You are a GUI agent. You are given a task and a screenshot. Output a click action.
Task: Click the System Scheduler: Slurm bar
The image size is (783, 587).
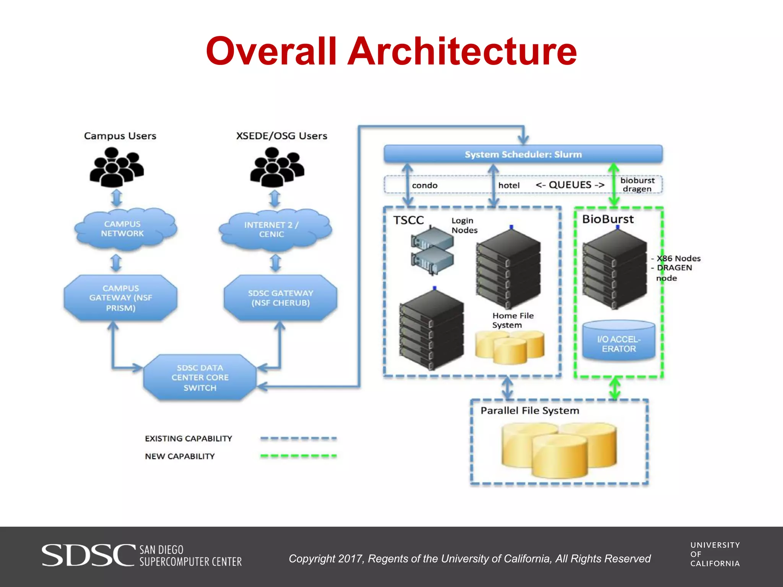click(x=523, y=154)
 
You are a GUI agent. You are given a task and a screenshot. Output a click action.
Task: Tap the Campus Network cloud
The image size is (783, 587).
click(x=122, y=229)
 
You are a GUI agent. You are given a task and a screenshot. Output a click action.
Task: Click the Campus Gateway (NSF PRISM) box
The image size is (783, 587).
click(x=120, y=298)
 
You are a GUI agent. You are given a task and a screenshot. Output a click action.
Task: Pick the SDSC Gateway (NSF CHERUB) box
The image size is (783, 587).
click(x=280, y=298)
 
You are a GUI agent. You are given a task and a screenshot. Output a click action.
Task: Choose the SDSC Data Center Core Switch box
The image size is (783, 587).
click(x=200, y=378)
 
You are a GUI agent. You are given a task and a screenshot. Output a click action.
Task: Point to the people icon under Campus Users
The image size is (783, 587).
click(x=116, y=168)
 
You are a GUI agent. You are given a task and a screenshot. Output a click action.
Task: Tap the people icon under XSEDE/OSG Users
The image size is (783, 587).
click(x=277, y=168)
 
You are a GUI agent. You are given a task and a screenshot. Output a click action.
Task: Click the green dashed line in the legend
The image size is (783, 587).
click(x=298, y=456)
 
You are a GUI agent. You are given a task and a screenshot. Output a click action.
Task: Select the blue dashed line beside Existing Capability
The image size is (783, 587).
click(x=298, y=438)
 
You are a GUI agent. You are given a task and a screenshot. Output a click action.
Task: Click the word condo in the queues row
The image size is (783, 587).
click(x=424, y=185)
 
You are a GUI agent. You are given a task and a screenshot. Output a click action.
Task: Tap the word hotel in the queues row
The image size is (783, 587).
click(x=508, y=185)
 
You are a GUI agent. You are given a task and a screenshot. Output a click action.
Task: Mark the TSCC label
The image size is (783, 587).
click(x=408, y=220)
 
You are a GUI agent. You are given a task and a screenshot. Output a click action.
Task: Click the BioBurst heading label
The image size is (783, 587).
click(x=608, y=219)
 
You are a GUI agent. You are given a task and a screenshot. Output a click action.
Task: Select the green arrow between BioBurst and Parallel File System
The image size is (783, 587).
click(x=615, y=388)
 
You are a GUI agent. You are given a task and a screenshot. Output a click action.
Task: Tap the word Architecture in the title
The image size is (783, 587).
click(x=462, y=51)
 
